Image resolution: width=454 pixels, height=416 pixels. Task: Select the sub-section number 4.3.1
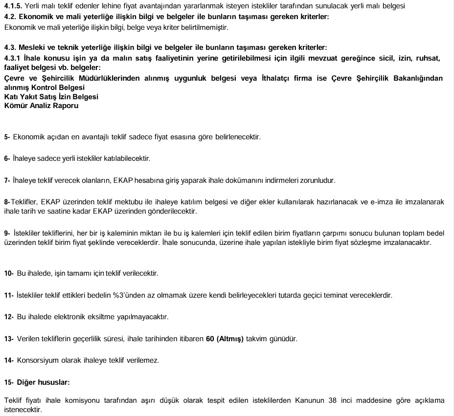[12, 58]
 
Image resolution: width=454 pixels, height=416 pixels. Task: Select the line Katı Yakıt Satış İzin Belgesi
[51, 97]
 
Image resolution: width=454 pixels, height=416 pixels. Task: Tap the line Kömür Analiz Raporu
[41, 106]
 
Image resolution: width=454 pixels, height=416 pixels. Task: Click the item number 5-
[7, 137]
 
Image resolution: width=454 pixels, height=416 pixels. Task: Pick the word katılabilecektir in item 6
[126, 158]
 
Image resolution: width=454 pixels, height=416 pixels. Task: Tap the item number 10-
[9, 273]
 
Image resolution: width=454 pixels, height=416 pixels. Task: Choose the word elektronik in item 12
[68, 317]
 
